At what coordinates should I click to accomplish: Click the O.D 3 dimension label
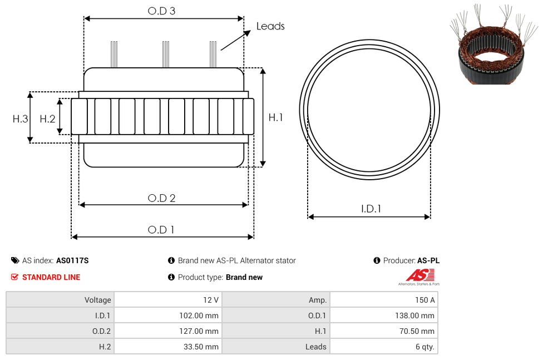[161, 11]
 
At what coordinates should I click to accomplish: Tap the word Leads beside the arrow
[270, 26]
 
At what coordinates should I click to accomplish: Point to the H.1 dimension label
[275, 117]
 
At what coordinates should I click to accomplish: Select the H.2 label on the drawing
[47, 119]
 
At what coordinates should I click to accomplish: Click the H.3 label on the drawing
[20, 119]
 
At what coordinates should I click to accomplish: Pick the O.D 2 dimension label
[161, 198]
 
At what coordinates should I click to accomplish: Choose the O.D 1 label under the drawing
[161, 229]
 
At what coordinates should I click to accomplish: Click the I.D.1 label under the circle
[371, 209]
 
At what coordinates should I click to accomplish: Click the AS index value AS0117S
[72, 260]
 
